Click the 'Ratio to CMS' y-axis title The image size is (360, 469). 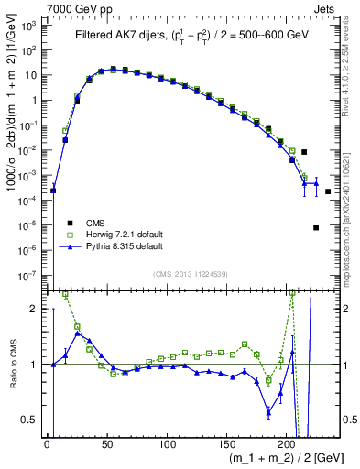pos(12,365)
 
